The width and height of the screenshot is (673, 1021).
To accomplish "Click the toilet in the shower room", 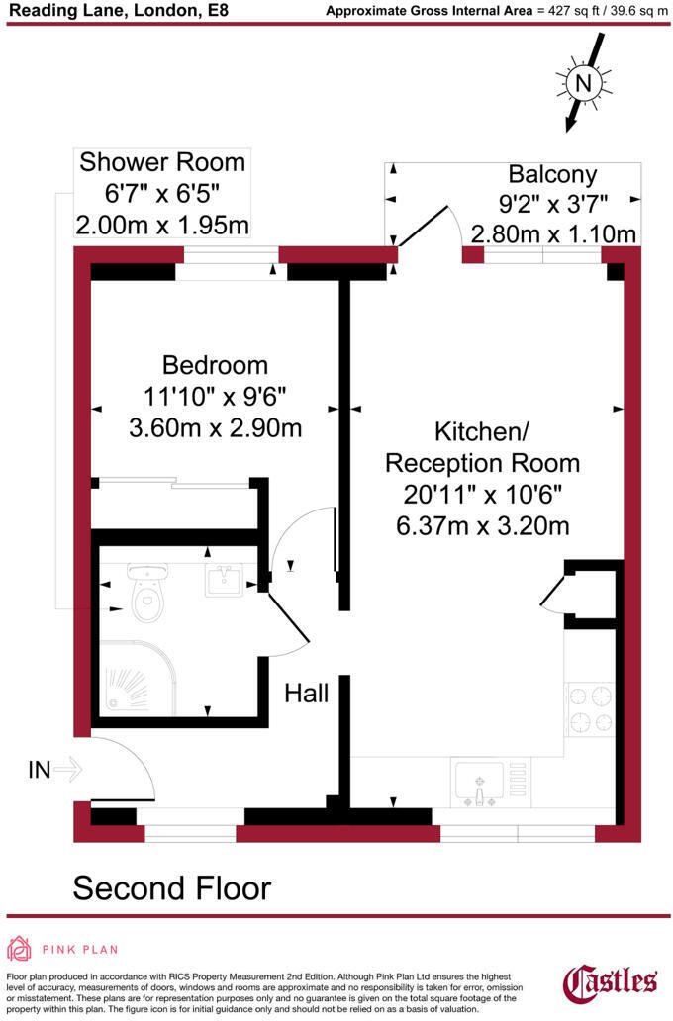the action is (x=148, y=593).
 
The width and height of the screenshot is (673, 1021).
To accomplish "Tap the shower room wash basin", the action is (x=224, y=580).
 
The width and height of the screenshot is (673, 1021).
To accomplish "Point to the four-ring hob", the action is (x=590, y=709).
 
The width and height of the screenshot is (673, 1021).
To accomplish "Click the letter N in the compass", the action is (x=583, y=83).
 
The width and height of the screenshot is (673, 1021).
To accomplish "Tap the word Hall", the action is (x=306, y=694).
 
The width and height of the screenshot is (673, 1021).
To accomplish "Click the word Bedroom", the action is (x=215, y=365).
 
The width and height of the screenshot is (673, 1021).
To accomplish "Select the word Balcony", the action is (x=552, y=174).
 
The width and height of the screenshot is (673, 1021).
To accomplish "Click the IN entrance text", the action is (x=39, y=770).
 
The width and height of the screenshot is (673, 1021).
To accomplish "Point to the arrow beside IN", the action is (x=67, y=770).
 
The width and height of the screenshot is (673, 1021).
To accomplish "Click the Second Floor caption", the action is (x=172, y=888).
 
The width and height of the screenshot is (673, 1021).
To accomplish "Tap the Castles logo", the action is (x=610, y=982).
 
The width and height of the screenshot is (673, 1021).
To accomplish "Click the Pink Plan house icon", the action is (x=19, y=949).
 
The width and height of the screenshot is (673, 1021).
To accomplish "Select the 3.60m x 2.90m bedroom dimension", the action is (x=215, y=427).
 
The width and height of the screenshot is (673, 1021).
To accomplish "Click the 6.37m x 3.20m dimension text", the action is (x=483, y=525).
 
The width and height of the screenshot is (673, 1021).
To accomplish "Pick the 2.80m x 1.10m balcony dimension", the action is (x=553, y=233).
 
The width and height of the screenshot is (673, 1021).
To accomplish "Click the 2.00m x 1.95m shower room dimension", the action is (x=162, y=226).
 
